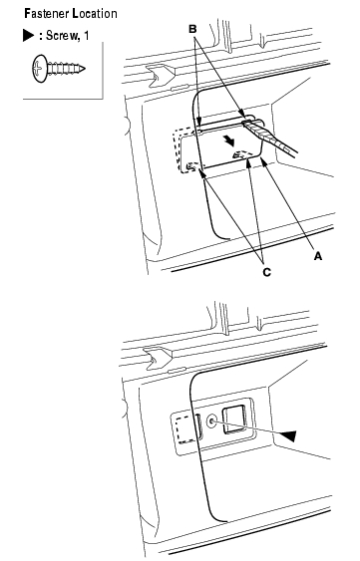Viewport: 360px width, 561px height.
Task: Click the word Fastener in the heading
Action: [x=46, y=14]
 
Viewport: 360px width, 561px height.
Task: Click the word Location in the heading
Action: [x=95, y=14]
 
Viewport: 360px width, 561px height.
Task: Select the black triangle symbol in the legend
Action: [x=28, y=36]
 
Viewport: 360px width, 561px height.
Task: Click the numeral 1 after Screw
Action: [x=86, y=35]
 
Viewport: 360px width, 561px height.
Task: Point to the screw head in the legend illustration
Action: [x=39, y=68]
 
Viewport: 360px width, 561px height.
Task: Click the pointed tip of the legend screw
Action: [x=84, y=68]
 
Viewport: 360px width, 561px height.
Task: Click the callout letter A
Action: [x=318, y=256]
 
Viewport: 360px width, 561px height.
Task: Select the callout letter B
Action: [x=192, y=29]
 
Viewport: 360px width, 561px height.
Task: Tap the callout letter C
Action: [x=267, y=272]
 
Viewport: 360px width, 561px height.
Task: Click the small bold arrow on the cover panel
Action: [x=229, y=140]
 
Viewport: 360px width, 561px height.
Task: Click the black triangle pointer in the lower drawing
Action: [x=287, y=435]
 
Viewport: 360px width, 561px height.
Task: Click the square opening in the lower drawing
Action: [x=234, y=421]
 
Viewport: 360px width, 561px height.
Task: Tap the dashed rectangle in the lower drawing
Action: [x=186, y=429]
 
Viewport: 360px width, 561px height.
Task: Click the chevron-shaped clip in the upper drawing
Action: [x=161, y=75]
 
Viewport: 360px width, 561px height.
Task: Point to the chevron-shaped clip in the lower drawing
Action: [x=158, y=357]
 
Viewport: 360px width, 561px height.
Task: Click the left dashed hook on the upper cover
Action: [x=192, y=166]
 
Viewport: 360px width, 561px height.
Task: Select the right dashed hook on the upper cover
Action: [x=241, y=154]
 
